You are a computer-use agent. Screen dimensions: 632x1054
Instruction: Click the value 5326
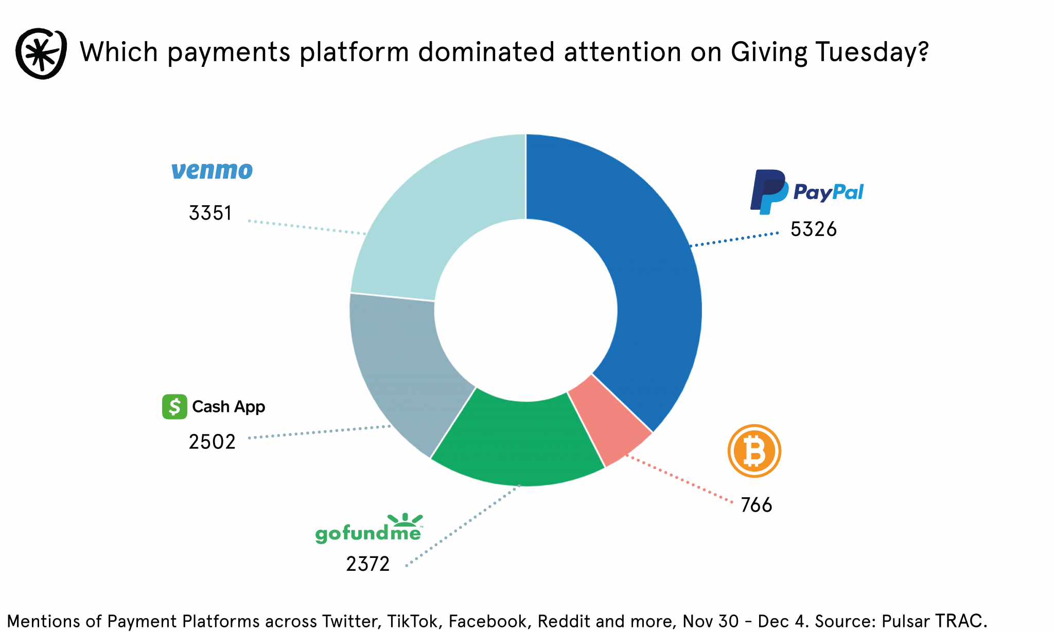point(813,229)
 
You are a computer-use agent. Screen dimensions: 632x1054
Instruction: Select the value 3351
point(210,213)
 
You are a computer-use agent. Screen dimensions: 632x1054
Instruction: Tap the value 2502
point(212,442)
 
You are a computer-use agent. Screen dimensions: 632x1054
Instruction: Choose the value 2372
point(367,564)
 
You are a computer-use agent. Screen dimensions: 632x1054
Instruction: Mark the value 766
point(756,505)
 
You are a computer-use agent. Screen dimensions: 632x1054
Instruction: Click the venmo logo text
point(212,170)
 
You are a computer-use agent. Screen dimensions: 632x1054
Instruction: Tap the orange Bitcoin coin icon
point(754,451)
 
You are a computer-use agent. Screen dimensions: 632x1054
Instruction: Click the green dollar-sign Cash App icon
point(174,407)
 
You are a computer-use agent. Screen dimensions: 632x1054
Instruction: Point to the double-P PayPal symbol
point(768,191)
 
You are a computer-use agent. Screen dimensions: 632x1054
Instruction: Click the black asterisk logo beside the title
point(41,53)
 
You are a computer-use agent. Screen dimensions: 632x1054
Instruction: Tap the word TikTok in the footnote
point(414,621)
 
